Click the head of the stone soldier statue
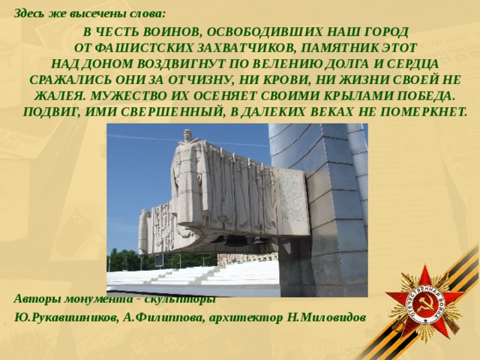click(x=187, y=136)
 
